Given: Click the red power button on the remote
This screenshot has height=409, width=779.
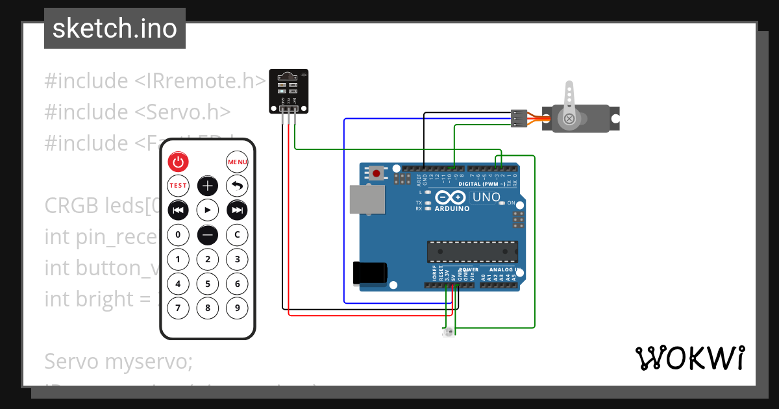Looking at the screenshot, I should click(x=178, y=162).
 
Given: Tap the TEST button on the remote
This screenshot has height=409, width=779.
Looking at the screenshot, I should click(x=178, y=186).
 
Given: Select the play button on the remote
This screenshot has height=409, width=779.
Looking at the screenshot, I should click(x=208, y=210).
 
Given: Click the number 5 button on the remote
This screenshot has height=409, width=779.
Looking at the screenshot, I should click(x=208, y=284).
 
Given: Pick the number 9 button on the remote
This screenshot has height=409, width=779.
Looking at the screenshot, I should click(x=238, y=308).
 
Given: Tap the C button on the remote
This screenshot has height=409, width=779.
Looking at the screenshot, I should click(x=238, y=234).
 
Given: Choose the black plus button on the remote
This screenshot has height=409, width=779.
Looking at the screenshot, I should click(x=208, y=186).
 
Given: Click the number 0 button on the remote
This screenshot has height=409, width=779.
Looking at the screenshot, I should click(x=178, y=234).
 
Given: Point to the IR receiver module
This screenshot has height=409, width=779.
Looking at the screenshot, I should click(x=288, y=91).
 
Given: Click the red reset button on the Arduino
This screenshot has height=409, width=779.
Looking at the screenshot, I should click(x=376, y=173).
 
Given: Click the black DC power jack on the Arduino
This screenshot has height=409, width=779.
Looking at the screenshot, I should click(x=369, y=273).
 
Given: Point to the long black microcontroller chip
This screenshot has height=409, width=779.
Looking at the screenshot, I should click(x=472, y=251).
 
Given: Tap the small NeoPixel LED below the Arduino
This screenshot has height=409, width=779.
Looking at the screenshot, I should click(x=449, y=332).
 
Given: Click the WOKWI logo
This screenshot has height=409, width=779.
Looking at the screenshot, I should click(x=689, y=358).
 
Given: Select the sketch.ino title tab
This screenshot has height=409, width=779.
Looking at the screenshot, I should click(x=115, y=29).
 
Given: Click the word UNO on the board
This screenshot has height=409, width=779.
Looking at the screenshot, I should click(x=486, y=197).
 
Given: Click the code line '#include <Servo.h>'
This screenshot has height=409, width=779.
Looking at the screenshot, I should click(x=138, y=112).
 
